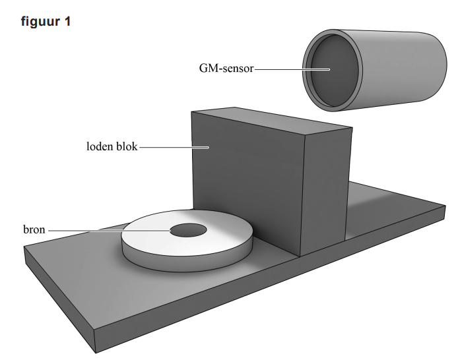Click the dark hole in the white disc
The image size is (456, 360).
coord(188,230)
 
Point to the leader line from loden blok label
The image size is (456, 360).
coord(172,147)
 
